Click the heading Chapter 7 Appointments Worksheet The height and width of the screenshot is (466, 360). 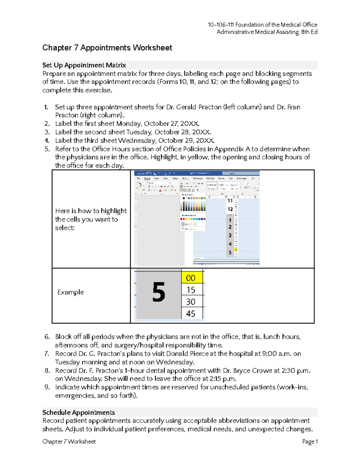(x=107, y=48)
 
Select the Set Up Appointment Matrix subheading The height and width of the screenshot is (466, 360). (x=84, y=65)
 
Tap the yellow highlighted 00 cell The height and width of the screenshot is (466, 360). (x=191, y=278)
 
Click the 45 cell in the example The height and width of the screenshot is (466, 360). (x=191, y=314)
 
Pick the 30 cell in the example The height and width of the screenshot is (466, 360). (x=191, y=302)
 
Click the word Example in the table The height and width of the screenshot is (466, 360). (x=70, y=292)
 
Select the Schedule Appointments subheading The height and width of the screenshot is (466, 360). (x=79, y=412)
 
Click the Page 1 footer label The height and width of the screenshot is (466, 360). (x=310, y=441)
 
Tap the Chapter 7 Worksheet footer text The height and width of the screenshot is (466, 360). (x=69, y=441)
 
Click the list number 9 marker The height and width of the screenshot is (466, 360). (x=47, y=387)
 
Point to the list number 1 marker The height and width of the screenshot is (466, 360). (x=46, y=107)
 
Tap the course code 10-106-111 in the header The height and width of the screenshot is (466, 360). (x=221, y=25)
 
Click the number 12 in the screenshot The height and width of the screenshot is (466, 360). (x=230, y=209)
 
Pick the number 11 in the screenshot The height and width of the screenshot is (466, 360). (x=230, y=201)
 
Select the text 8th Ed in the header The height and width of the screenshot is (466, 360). (x=309, y=32)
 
